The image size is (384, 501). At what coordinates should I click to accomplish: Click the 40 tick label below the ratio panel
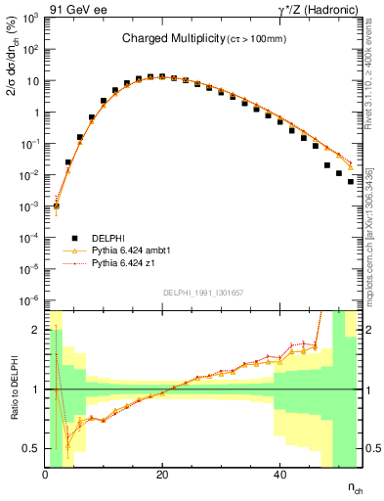pyautogui.click(x=279, y=475)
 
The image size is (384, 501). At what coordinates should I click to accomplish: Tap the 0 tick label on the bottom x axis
pyautogui.click(x=46, y=475)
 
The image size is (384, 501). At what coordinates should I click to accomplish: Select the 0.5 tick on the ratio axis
pyautogui.click(x=31, y=448)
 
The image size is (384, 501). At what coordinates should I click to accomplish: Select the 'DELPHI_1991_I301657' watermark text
pyautogui.click(x=203, y=293)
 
